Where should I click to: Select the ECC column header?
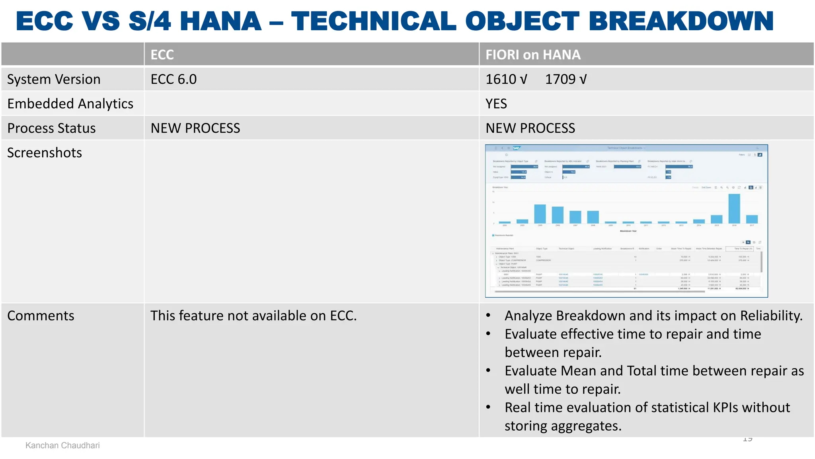162,55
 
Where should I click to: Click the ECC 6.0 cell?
174,79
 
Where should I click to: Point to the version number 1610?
501,79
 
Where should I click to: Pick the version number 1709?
560,79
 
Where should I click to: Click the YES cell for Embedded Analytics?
496,104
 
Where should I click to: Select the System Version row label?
54,79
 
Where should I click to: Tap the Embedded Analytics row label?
70,104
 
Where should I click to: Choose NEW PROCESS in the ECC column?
195,128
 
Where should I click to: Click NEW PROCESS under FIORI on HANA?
530,128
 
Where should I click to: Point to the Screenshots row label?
45,153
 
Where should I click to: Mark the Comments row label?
41,316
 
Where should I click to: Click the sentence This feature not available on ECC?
253,316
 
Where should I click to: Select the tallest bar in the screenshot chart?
734,209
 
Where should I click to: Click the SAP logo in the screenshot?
516,148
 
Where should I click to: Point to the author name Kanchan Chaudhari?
62,445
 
